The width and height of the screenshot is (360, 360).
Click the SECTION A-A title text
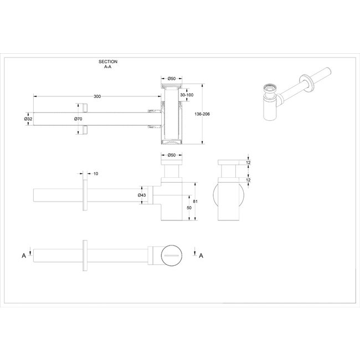[108, 64]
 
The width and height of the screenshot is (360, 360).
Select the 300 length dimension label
[97, 96]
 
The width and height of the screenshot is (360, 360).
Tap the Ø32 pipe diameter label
[28, 119]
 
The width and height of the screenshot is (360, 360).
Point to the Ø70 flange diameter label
[78, 119]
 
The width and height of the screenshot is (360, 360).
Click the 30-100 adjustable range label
[187, 95]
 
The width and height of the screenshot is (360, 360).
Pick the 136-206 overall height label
[202, 114]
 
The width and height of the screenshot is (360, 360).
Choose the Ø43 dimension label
[142, 195]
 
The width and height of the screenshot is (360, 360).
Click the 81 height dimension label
[196, 202]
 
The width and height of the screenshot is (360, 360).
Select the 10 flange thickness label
[96, 173]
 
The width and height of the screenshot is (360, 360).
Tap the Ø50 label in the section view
[172, 79]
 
